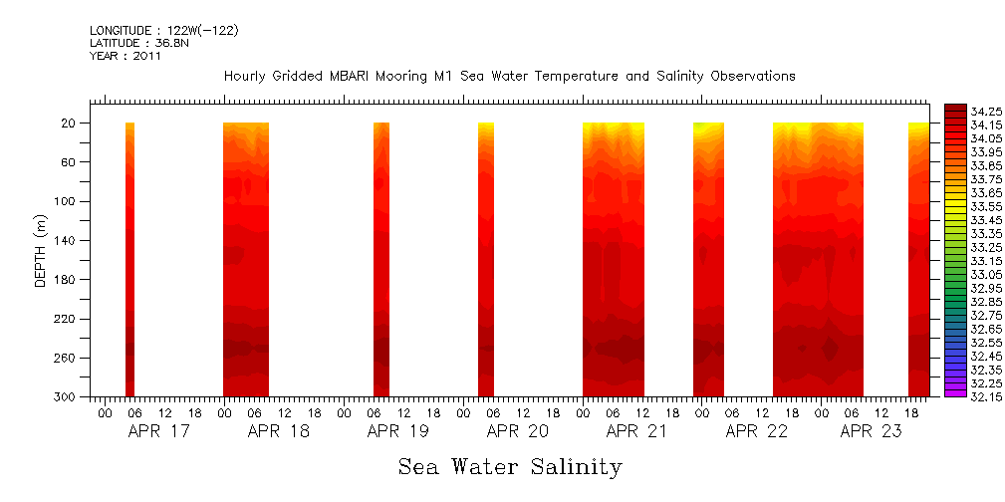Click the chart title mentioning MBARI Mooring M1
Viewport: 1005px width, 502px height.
point(509,76)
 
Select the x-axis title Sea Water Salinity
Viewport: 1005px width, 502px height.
point(510,467)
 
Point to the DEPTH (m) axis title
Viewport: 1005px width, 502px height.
point(41,253)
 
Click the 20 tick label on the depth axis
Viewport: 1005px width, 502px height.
point(70,124)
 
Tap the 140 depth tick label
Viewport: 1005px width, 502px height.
point(67,241)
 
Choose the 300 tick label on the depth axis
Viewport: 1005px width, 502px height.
point(67,397)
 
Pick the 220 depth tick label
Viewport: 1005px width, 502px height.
point(67,319)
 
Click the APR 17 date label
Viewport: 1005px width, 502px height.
point(159,432)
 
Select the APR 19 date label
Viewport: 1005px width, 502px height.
point(397,432)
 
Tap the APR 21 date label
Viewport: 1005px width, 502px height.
point(636,432)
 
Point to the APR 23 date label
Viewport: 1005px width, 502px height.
point(871,432)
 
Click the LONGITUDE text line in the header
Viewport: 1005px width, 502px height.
point(163,31)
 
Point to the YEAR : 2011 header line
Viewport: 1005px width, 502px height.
point(125,57)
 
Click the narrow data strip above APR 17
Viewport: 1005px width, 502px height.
point(129,259)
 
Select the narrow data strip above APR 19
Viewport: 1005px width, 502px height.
point(380,259)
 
